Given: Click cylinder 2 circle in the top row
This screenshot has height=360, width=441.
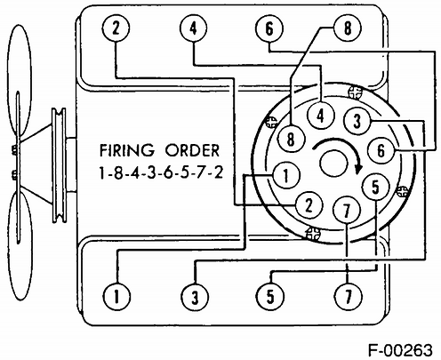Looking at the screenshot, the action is [x=116, y=28].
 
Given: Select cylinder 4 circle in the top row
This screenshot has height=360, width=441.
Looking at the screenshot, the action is [x=193, y=28].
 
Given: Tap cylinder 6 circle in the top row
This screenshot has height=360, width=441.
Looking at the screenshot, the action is [x=269, y=29].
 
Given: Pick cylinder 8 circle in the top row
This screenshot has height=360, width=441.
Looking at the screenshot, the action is [x=348, y=28].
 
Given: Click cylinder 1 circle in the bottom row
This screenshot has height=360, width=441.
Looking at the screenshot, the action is [x=116, y=296].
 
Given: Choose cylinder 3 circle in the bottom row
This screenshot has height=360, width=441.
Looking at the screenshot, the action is [x=195, y=297].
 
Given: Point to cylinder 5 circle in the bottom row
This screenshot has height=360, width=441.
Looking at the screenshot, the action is [x=270, y=297].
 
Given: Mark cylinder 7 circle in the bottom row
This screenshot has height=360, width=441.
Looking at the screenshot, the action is [x=349, y=296].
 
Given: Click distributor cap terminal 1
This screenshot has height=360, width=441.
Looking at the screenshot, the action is [x=286, y=175].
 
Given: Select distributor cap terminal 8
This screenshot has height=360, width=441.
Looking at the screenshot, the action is [x=291, y=139].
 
